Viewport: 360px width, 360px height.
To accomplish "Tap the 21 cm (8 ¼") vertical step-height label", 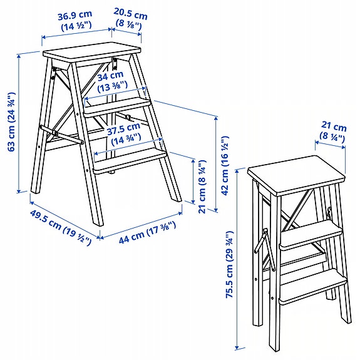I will [x=202, y=186].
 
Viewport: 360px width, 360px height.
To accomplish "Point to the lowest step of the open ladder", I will [x=130, y=159].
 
